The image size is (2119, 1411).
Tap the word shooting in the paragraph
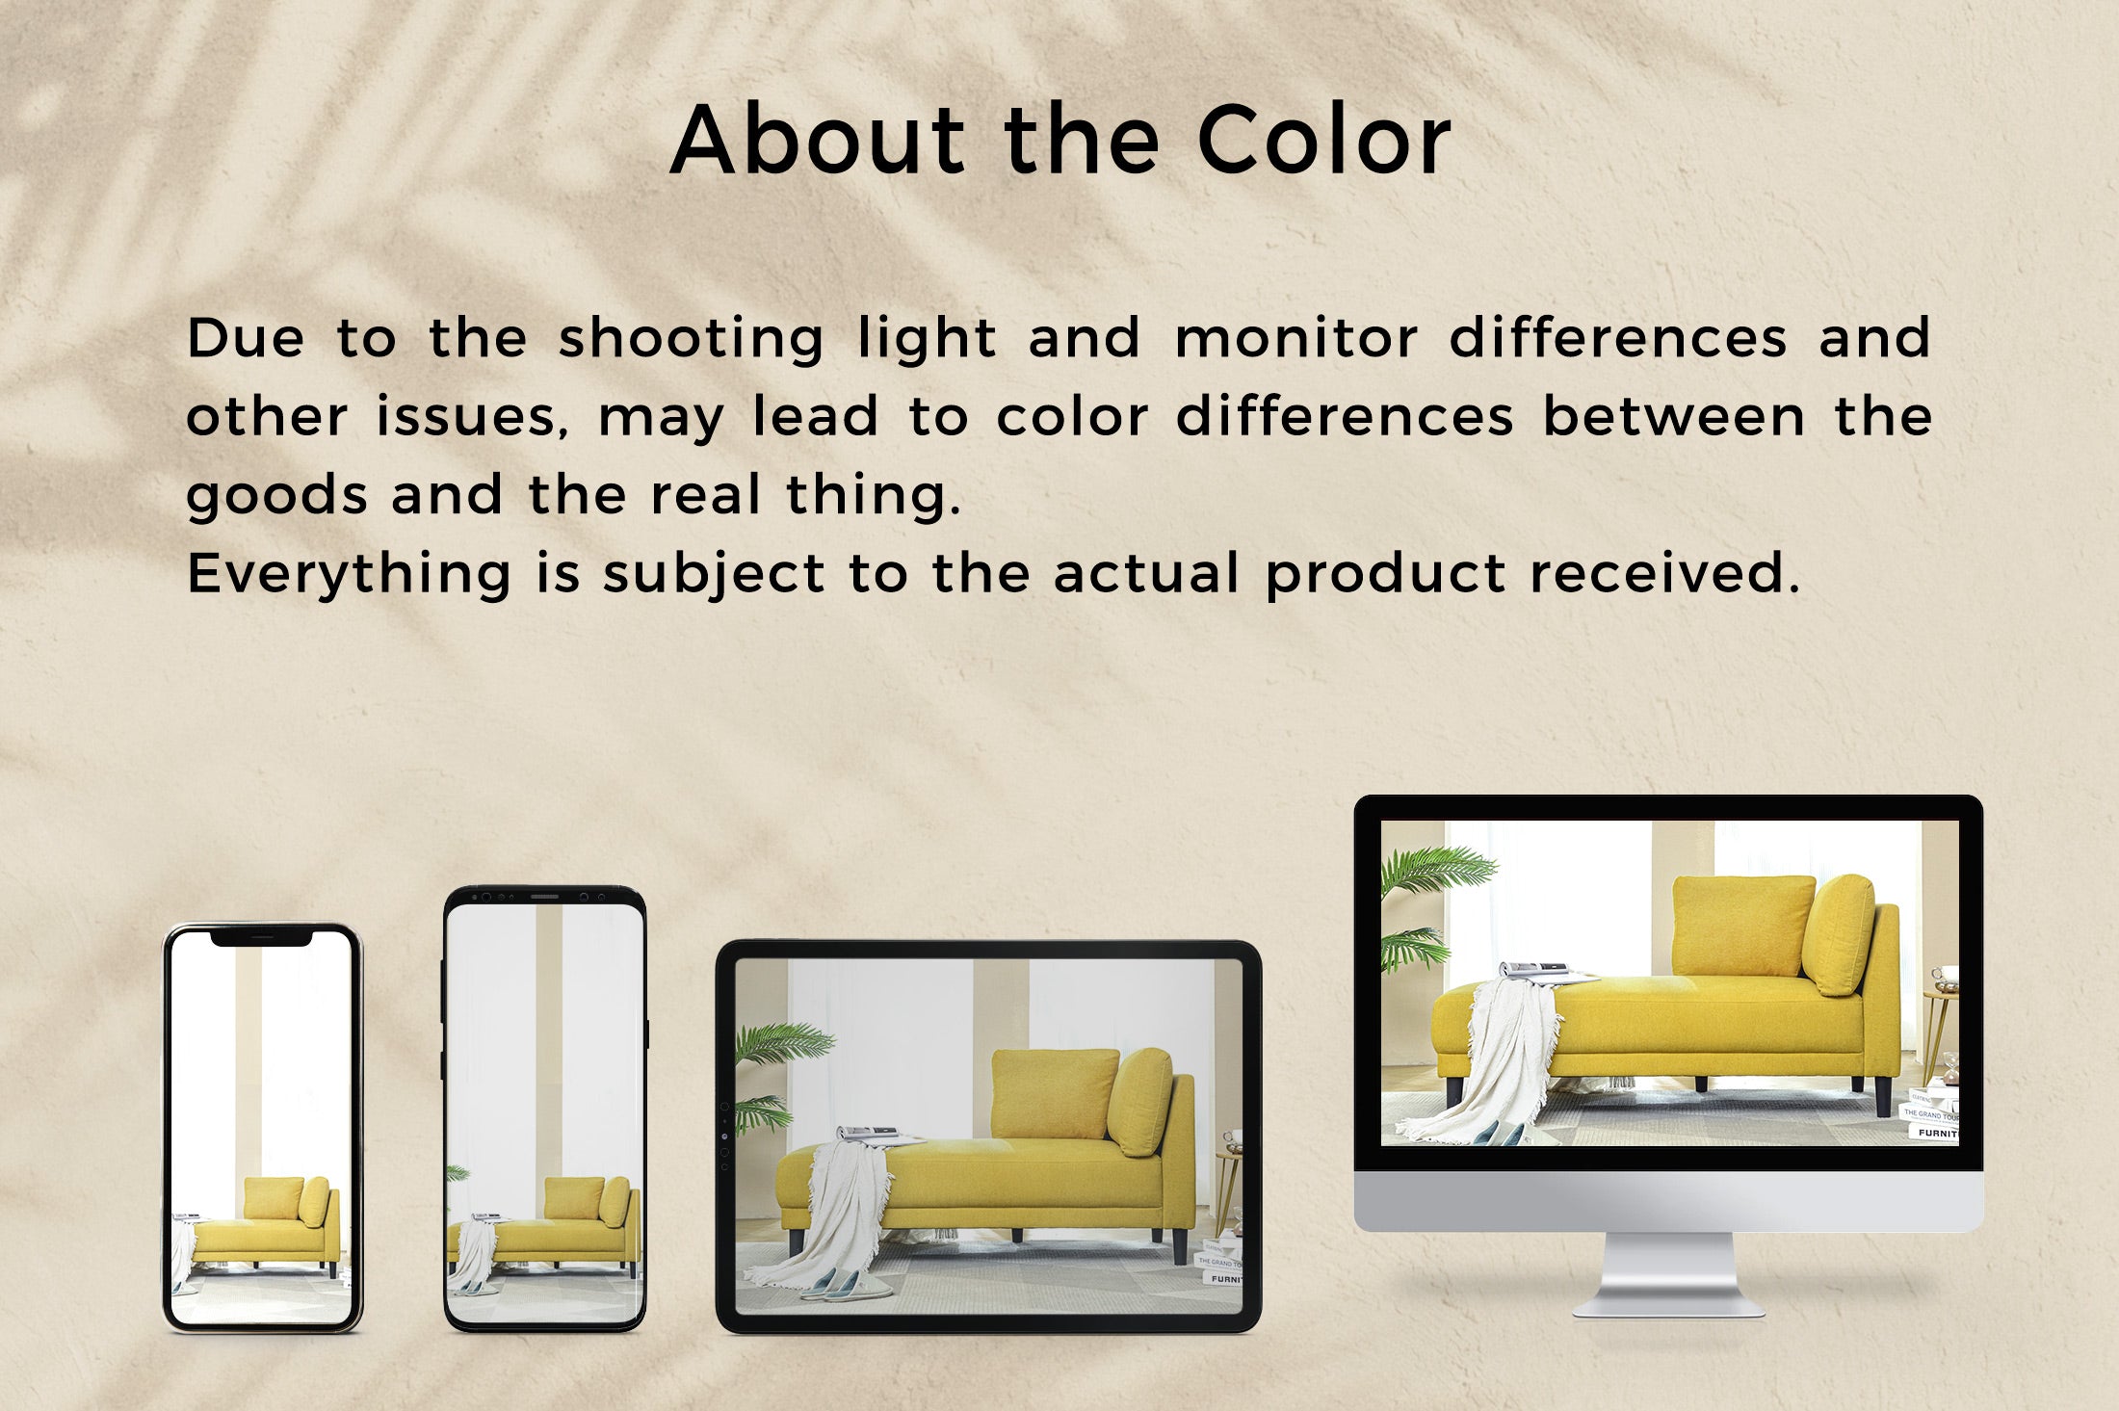coord(691,340)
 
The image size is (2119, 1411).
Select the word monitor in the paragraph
coord(1295,339)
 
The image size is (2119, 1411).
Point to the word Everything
coord(349,575)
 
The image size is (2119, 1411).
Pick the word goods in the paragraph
coord(277,497)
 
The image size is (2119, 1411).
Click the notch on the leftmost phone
coord(261,936)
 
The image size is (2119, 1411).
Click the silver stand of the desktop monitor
coord(1668,1271)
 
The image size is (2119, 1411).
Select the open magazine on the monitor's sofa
coord(1536,970)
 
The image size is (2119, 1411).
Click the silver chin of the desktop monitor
coord(1668,1200)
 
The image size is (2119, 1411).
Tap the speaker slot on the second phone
coord(544,897)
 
